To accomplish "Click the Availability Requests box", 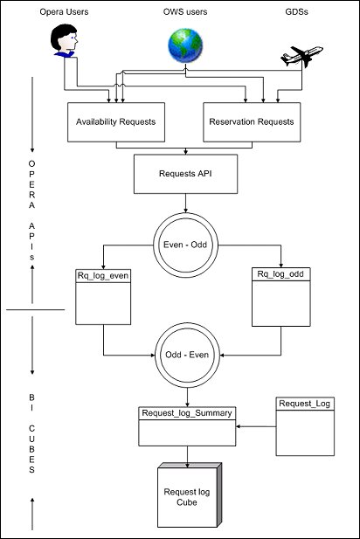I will point(116,121).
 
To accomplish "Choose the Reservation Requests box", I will point(251,121).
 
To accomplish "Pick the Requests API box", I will point(185,174).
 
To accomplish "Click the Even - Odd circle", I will point(186,244).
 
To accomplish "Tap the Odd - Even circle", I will point(186,355).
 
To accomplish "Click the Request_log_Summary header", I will point(187,412).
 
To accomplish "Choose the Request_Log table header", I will point(305,404).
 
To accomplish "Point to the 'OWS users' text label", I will point(185,13).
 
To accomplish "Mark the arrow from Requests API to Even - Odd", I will point(186,204).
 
